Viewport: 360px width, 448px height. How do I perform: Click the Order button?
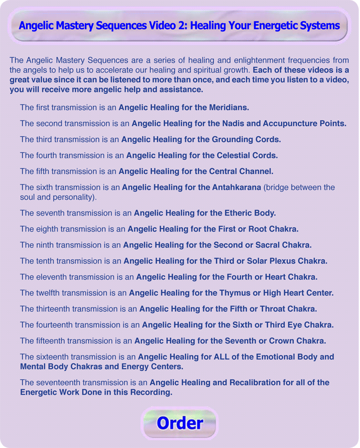(x=179, y=423)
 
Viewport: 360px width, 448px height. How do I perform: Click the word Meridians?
(x=228, y=107)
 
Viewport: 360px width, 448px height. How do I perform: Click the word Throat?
(x=269, y=309)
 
